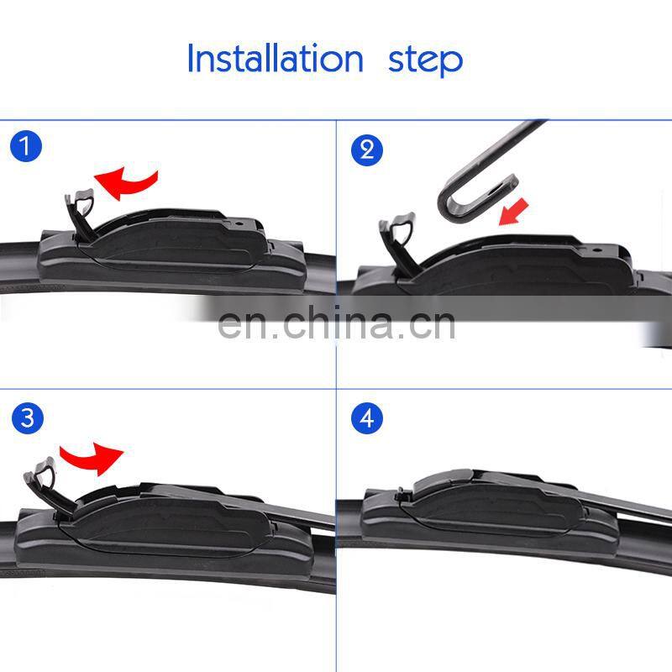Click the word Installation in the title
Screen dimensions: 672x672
[274, 59]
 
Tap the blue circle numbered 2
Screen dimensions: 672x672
[366, 150]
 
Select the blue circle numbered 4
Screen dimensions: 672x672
[366, 418]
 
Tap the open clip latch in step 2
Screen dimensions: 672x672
[397, 239]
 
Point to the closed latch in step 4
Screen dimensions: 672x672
[405, 496]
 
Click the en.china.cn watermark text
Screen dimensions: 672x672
[336, 323]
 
